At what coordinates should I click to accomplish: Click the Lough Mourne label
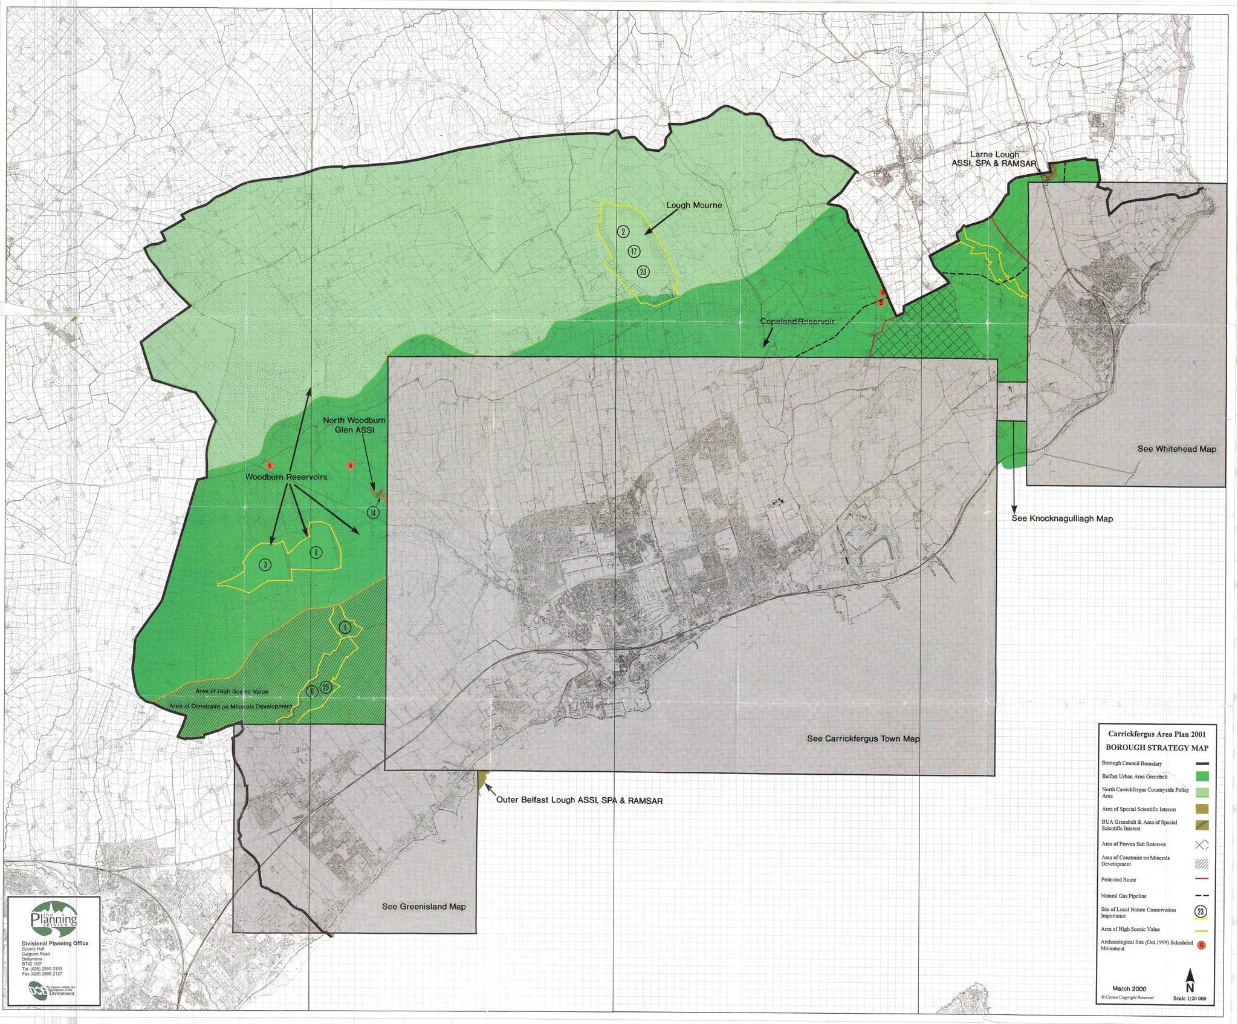coord(694,205)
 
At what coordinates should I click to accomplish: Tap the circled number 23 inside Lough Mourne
coord(643,272)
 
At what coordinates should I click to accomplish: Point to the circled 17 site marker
coord(633,251)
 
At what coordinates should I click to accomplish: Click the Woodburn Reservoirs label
coord(286,477)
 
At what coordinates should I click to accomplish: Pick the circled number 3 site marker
coord(264,565)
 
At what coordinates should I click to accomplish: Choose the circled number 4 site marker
coord(315,552)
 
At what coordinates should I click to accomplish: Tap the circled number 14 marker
coord(374,513)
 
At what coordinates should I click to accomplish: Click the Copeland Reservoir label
coord(797,321)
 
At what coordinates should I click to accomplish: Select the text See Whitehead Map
coord(1176,449)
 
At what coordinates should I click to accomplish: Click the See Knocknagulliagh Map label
coord(1062,518)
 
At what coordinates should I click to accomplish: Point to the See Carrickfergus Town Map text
coord(863,739)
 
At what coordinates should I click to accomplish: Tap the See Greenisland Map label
coord(424,907)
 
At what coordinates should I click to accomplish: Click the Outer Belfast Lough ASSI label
coord(579,801)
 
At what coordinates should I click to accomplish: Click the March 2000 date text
coord(1129,989)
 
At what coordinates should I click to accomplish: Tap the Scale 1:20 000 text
coord(1188,999)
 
